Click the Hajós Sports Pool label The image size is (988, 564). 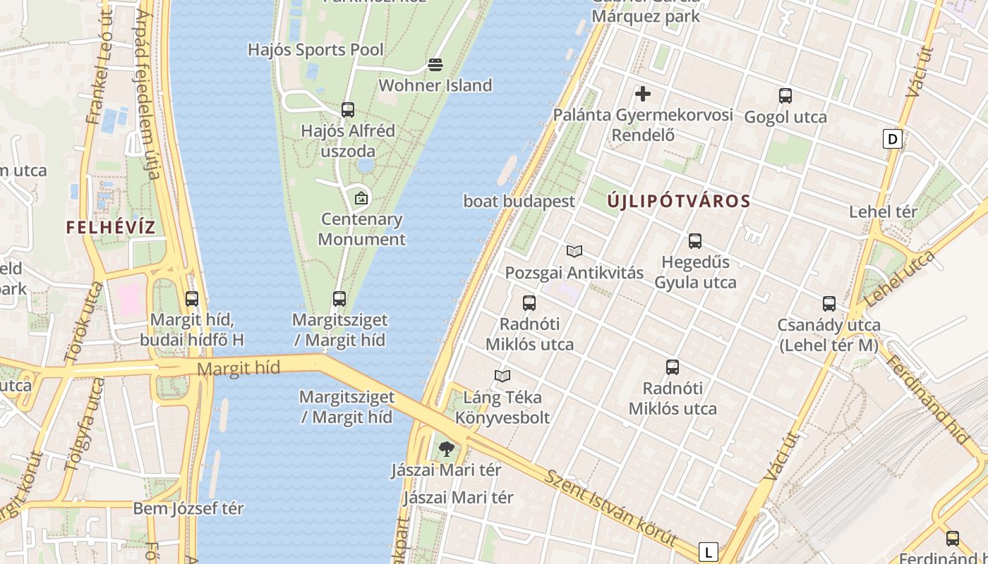coord(315,50)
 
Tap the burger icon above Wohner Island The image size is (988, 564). coord(435,66)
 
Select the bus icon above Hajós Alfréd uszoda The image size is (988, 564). coord(347,110)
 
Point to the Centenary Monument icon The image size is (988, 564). coord(361,198)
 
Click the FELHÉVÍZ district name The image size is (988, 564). coord(110,227)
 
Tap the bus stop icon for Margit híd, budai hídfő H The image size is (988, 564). coord(192,299)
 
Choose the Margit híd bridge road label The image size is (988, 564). coord(239,368)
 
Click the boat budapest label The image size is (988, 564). coord(519,201)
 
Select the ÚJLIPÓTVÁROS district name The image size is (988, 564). coord(679,201)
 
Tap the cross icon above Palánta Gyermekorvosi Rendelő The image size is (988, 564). coord(643,93)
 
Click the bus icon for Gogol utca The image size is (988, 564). coord(785,97)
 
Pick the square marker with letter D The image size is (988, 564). coord(893,139)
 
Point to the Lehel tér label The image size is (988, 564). coord(883,211)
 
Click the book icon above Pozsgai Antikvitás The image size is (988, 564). coord(574,251)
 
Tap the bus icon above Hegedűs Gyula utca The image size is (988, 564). coord(695,241)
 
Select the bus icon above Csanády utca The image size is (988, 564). coord(829,304)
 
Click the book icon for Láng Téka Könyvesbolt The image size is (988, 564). coord(502,376)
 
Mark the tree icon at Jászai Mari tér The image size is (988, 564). coord(446,448)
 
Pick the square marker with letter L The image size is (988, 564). coord(708,551)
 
